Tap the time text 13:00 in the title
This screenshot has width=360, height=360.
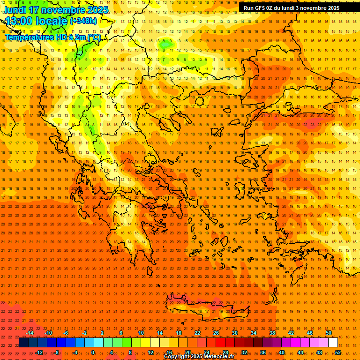pos(21,21)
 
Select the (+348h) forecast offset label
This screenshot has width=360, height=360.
pos(83,21)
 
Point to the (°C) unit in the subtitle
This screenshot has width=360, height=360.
pos(93,37)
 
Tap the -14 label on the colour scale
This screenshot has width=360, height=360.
pos(30,333)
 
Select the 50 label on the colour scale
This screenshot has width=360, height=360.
pos(329,333)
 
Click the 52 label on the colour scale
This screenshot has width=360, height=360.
pos(337,352)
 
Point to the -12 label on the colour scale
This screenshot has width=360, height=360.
pos(39,352)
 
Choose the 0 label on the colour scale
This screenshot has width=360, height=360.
pos(93,352)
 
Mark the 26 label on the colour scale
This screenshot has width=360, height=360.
pos(216,333)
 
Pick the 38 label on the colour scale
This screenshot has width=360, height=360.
pos(272,333)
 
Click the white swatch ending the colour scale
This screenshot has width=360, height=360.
pos(333,343)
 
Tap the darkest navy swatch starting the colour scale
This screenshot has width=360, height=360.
pos(23,343)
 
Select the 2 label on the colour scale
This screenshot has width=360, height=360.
pos(102,333)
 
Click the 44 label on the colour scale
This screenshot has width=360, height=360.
pos(300,352)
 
